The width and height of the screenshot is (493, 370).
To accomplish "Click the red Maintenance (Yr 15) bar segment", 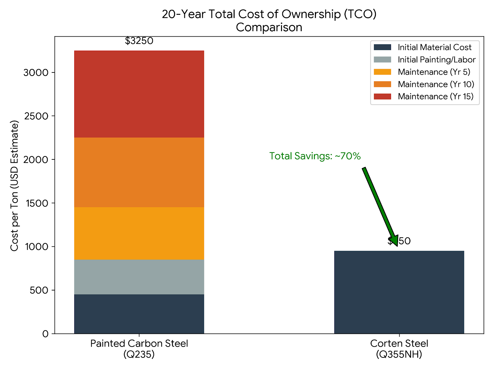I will (139, 94).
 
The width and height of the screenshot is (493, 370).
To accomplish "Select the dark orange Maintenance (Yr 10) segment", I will (139, 172).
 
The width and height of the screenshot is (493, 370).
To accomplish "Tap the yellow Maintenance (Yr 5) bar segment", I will (139, 233).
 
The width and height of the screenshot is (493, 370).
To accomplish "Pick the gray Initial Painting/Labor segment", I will (139, 277).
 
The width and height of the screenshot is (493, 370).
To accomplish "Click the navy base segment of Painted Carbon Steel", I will (139, 314).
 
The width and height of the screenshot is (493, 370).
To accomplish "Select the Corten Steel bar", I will (399, 292).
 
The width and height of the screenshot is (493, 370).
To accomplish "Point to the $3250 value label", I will (139, 41).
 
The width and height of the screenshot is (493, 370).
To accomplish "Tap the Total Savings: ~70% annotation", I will (315, 156).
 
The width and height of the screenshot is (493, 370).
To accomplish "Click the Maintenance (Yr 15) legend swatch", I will (382, 97).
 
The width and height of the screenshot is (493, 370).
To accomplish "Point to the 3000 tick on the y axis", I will (36, 73).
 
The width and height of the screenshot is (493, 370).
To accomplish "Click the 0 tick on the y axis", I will (45, 334).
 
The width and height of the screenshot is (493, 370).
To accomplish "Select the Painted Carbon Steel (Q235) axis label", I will (139, 349).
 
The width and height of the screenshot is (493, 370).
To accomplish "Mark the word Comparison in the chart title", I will (269, 27).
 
